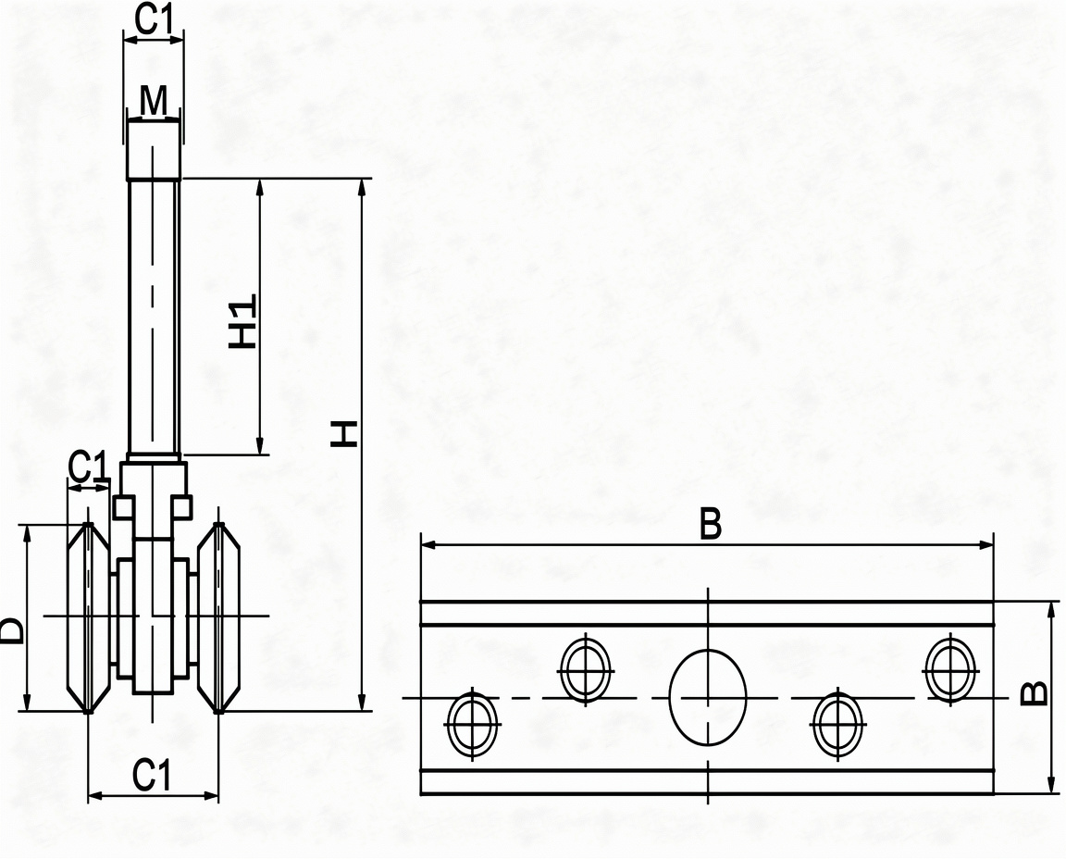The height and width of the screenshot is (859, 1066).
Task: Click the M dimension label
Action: (154, 101)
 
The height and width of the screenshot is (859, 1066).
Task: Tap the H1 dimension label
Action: (242, 322)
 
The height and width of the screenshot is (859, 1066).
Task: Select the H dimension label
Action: (344, 434)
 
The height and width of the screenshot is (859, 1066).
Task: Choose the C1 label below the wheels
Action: (153, 775)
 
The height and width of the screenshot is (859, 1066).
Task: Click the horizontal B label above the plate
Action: (710, 524)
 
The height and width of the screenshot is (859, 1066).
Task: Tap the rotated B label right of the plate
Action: (1035, 693)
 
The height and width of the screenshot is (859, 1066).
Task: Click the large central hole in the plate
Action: (708, 697)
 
